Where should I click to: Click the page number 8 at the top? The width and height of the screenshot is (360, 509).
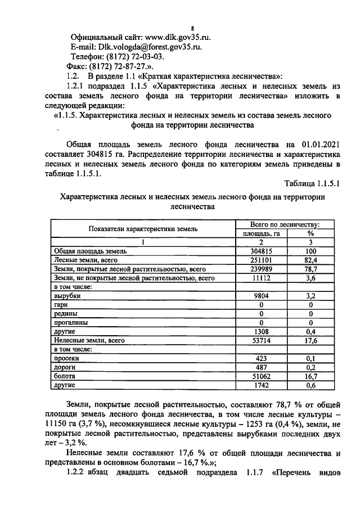192,28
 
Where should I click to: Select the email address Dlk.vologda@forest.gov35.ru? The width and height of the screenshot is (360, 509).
150,47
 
